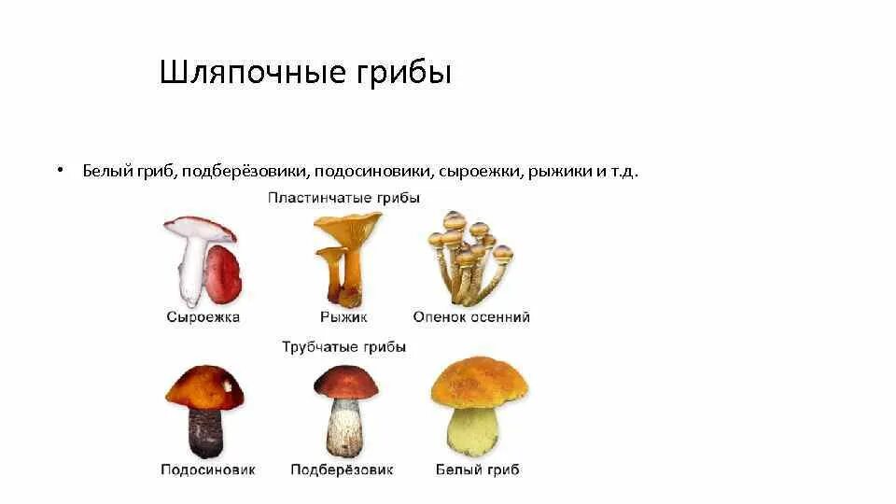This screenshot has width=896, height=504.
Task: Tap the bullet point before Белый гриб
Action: [59, 170]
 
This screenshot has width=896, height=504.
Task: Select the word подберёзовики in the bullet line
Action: [246, 172]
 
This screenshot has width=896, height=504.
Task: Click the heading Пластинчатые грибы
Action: [343, 198]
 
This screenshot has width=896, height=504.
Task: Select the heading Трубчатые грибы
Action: [343, 347]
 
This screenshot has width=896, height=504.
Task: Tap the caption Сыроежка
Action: [203, 317]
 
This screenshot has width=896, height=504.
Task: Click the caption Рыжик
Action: [343, 317]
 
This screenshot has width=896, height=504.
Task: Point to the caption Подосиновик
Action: [207, 469]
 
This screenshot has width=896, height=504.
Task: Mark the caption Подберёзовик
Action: [342, 469]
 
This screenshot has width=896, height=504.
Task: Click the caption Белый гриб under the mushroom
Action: [477, 469]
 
